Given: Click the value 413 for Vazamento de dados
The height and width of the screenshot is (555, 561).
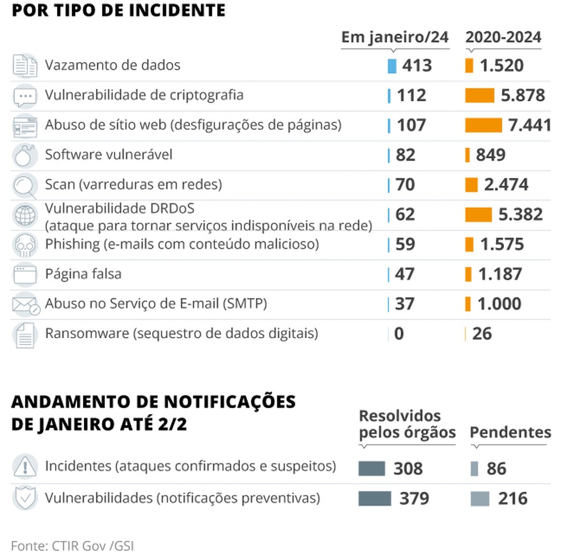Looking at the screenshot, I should tap(417, 65).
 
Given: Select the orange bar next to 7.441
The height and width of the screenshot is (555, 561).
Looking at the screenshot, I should tap(483, 125).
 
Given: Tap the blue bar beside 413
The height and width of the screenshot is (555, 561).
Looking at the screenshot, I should tap(392, 65).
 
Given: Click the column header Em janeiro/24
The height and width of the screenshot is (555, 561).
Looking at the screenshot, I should tap(395, 38).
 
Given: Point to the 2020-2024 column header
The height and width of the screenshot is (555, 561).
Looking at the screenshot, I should tap(503, 38).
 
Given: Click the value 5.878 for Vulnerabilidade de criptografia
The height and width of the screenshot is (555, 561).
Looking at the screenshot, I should tap(523, 95).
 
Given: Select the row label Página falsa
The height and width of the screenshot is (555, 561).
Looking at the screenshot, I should tap(83, 274).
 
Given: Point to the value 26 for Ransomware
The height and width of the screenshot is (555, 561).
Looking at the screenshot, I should tap(482, 334).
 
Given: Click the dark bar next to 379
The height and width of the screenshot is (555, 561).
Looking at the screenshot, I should tap(375, 499).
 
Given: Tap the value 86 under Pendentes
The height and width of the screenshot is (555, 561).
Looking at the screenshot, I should tap(497, 469).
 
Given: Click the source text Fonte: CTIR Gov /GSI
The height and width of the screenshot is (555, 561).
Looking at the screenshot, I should tap(72, 544).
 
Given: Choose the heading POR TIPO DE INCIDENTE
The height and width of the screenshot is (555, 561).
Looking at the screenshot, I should tap(118, 10).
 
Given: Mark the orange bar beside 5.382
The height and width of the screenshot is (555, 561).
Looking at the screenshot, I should tap(478, 215).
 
